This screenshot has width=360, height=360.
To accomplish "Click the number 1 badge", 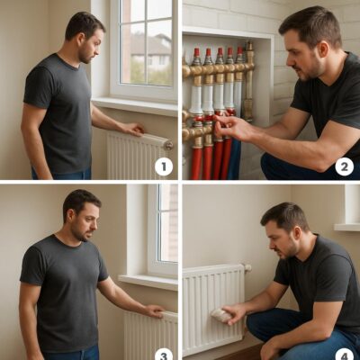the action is [x=164, y=167].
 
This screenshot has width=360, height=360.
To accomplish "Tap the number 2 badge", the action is [x=344, y=166].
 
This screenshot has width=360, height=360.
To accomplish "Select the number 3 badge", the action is [x=164, y=355].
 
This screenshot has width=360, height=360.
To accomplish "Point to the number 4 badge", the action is [x=344, y=355].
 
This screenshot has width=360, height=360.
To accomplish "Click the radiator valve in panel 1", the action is [x=168, y=145].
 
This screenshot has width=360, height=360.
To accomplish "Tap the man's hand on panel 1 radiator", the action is [x=133, y=129].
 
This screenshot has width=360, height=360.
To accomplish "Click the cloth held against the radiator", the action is [x=221, y=316].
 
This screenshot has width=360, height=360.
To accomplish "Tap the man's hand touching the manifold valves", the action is [x=230, y=127].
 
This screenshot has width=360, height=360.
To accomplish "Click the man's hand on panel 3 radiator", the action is [x=156, y=310].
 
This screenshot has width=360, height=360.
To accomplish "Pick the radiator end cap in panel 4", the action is [x=247, y=267].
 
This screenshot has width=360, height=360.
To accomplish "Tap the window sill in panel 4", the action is [x=347, y=227].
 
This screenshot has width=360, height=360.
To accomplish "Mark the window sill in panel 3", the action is [x=148, y=282].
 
